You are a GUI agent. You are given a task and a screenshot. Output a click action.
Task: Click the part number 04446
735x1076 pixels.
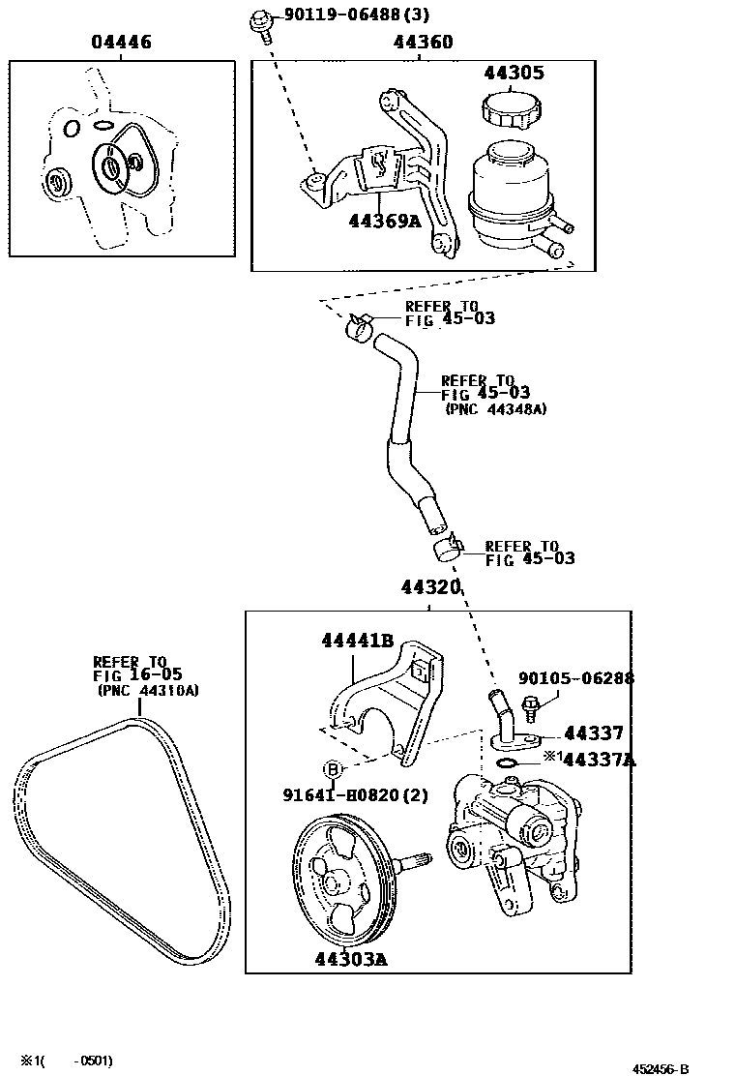pyautogui.click(x=121, y=43)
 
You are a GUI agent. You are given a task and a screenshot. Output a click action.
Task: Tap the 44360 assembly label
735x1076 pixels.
pyautogui.click(x=423, y=43)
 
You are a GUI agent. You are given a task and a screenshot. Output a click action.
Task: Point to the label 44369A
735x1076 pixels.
pyautogui.click(x=386, y=221)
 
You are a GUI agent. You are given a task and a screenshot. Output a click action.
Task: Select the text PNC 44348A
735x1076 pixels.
pyautogui.click(x=496, y=409)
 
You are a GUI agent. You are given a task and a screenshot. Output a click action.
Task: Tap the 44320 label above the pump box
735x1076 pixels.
pyautogui.click(x=430, y=587)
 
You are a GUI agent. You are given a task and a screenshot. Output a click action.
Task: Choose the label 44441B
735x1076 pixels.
pyautogui.click(x=357, y=640)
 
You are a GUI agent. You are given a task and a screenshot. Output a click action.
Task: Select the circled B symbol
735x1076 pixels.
pyautogui.click(x=332, y=770)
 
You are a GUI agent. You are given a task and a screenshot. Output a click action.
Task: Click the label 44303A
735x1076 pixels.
pyautogui.click(x=350, y=959)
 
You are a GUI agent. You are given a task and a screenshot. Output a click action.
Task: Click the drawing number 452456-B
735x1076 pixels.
pyautogui.click(x=661, y=1068)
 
